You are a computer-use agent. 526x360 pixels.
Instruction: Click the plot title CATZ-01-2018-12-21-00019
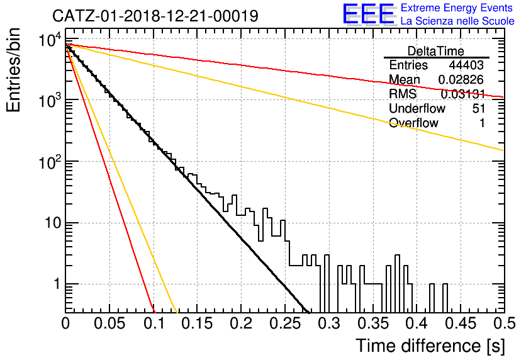point(155,16)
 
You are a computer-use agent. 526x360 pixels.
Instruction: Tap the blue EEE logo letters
point(369,14)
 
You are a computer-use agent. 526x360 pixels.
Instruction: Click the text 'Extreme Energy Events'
point(457,8)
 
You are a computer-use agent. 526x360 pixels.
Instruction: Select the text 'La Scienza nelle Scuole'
point(457,21)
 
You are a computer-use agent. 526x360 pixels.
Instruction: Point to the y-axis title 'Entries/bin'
point(13,70)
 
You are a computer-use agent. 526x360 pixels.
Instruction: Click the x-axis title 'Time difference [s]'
point(430,346)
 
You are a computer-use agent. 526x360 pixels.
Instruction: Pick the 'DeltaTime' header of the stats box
point(436,51)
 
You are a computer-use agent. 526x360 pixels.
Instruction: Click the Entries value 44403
point(467,65)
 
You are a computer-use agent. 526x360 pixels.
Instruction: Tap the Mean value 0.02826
point(461,79)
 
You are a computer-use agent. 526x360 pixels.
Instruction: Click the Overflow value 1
point(482,123)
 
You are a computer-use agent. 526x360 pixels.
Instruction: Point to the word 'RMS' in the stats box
point(403,94)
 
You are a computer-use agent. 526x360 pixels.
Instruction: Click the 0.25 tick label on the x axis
point(285,323)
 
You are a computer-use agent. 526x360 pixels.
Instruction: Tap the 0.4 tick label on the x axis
point(417,323)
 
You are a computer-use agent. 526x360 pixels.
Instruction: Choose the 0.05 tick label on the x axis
point(109,323)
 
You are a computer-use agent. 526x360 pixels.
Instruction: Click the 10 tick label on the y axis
point(53,222)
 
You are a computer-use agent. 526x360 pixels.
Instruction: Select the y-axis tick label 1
point(57,284)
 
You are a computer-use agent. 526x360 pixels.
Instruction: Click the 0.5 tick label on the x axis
point(504,323)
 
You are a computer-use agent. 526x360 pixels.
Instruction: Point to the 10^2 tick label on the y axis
point(51,162)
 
